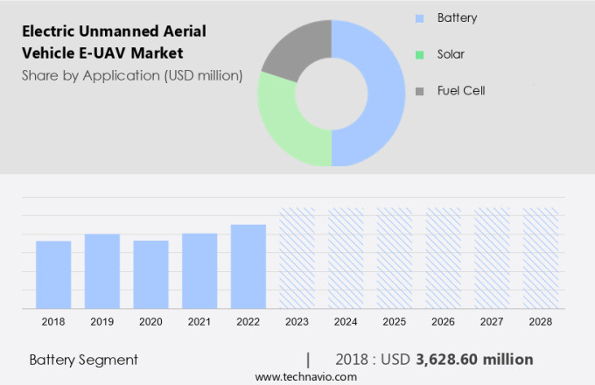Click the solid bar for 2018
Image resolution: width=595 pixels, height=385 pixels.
tap(53, 275)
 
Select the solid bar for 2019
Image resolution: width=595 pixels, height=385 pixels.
tap(102, 271)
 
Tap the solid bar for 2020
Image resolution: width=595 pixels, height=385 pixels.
tap(150, 275)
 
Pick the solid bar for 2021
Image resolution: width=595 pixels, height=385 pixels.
tap(199, 271)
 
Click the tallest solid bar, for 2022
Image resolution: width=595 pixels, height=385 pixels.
tap(248, 267)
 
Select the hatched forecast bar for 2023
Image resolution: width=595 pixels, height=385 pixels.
tap(297, 258)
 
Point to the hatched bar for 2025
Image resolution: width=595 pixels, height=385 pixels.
tap(394, 258)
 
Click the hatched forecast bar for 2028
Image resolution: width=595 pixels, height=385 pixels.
tap(540, 258)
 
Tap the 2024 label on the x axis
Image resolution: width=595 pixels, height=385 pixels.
tap(346, 322)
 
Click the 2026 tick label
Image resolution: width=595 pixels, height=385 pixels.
tap(443, 322)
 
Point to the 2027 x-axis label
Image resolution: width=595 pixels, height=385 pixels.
tap(492, 322)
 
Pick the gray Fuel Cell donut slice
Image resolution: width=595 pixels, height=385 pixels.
tap(293, 48)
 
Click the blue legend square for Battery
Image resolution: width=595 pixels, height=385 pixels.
tap(419, 17)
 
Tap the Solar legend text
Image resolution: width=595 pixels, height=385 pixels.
tap(451, 54)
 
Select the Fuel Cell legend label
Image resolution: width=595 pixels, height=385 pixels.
tap(460, 90)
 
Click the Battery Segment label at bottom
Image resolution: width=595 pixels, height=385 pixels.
tap(83, 360)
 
